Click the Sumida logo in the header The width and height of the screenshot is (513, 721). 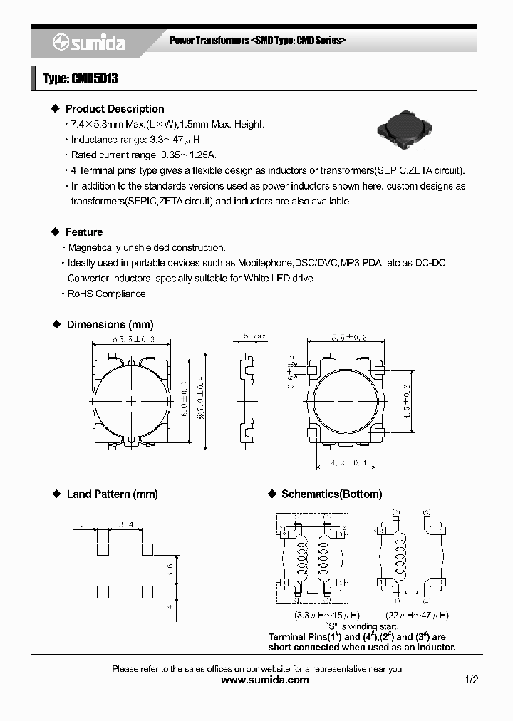click(x=88, y=43)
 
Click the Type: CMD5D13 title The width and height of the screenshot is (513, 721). click(x=80, y=78)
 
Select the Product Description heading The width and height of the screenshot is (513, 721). click(x=114, y=109)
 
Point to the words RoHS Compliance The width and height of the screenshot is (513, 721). click(x=106, y=294)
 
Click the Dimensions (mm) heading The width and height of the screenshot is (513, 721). click(x=110, y=324)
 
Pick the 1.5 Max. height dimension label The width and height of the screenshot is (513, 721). click(x=251, y=336)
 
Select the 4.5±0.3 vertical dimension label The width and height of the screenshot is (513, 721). click(x=408, y=401)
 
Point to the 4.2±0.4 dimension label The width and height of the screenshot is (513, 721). click(x=348, y=464)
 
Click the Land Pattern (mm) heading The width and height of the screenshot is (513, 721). click(x=112, y=494)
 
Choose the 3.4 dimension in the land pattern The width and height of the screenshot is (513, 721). click(x=126, y=524)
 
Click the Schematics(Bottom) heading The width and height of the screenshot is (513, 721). click(x=331, y=494)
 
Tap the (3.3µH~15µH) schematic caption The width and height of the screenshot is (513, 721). click(x=317, y=615)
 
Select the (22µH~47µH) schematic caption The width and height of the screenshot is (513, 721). click(x=417, y=615)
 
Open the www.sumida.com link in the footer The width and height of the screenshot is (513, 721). click(x=265, y=680)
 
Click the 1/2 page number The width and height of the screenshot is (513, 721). click(x=471, y=680)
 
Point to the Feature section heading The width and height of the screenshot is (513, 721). click(x=83, y=232)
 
